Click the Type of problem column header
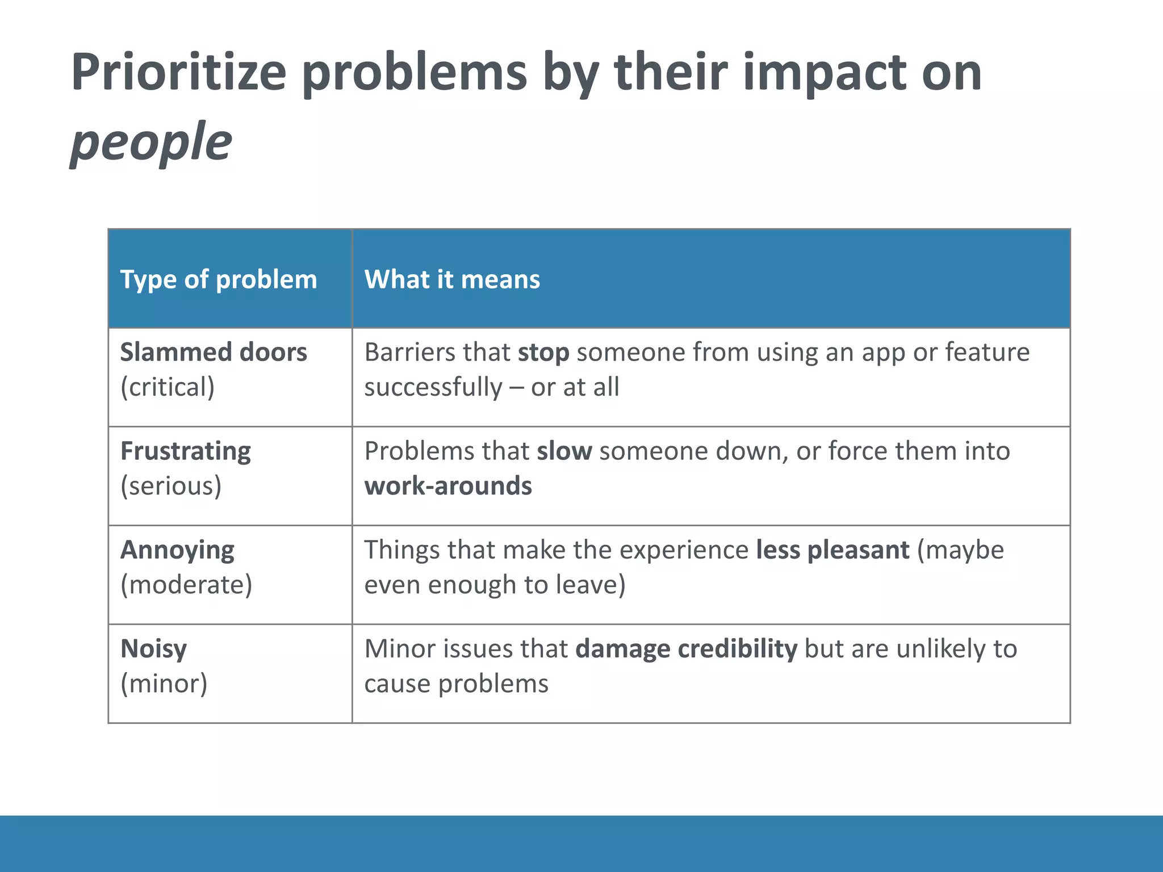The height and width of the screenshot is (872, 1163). pos(219,279)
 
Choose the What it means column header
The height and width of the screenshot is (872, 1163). pos(452,279)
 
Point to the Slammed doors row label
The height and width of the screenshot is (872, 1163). pos(214,352)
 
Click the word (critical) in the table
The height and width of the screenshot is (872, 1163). pos(168,387)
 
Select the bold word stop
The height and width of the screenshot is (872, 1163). pos(543,353)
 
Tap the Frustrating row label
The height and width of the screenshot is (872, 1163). pos(186,451)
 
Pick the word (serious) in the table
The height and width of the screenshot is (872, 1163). pos(171,486)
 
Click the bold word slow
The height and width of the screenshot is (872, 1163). pos(564,451)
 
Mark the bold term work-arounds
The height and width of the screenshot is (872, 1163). pos(448,486)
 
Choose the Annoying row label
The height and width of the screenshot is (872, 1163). pos(177,550)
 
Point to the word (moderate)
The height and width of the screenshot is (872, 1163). pos(186,585)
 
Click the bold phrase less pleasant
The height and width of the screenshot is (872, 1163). pos(832,550)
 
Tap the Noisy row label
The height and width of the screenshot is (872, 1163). pos(153,649)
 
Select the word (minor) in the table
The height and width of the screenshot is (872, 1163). pos(164,684)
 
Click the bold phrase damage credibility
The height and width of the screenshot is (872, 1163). pos(686,649)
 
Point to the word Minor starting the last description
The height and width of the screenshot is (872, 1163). pos(400,649)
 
